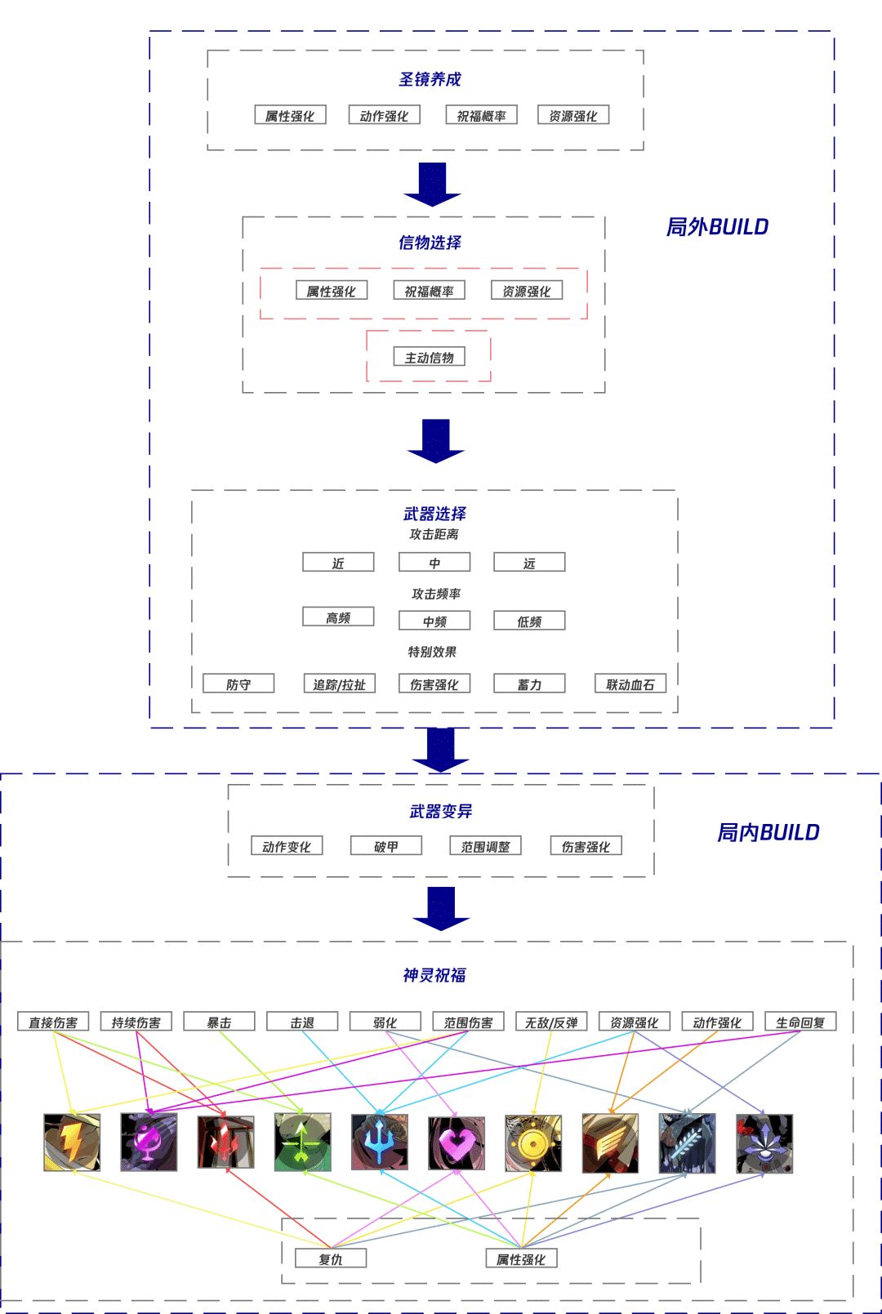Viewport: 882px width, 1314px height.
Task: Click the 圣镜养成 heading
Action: click(430, 79)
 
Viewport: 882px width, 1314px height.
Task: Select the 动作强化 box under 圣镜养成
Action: click(384, 116)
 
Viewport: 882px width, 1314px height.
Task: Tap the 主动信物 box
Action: click(430, 358)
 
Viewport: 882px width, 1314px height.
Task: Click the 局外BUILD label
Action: click(717, 227)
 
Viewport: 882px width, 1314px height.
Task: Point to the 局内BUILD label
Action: click(768, 832)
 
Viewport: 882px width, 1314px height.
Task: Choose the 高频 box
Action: click(338, 617)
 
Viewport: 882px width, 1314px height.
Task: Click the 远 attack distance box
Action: click(529, 563)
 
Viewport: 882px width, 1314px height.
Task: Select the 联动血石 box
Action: click(630, 684)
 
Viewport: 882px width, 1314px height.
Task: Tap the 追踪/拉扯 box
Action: click(339, 684)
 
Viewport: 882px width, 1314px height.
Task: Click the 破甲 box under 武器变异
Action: click(386, 847)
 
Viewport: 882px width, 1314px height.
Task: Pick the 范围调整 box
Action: click(485, 847)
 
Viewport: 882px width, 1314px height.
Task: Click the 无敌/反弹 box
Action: click(551, 1022)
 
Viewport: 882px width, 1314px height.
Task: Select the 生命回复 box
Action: click(800, 1022)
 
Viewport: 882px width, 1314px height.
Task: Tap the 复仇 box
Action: click(331, 1259)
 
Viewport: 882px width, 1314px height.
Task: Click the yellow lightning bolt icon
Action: click(72, 1143)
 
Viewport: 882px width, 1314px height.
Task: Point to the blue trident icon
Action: click(380, 1143)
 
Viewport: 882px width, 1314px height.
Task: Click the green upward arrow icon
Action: click(303, 1143)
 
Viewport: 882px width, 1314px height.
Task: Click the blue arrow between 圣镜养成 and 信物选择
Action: click(432, 183)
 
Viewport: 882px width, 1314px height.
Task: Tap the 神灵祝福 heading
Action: click(434, 975)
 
